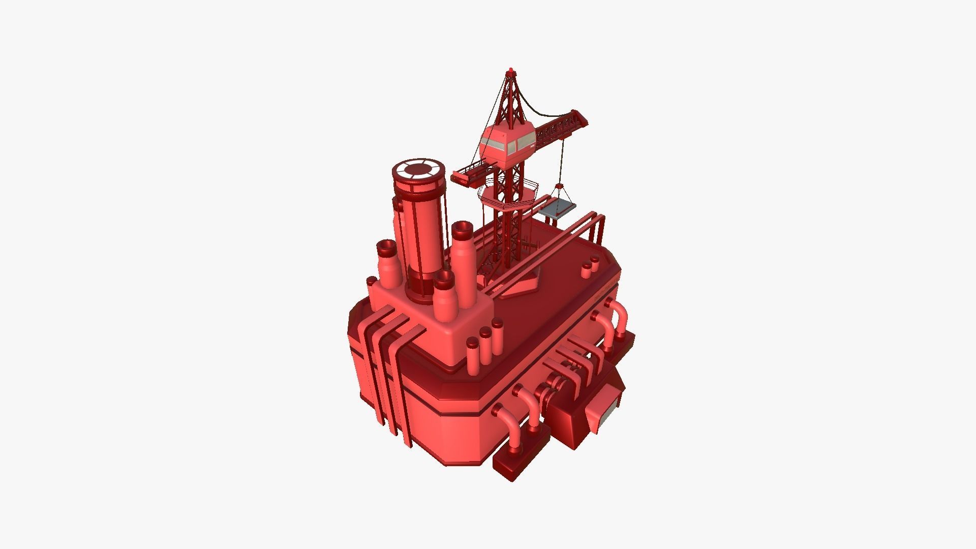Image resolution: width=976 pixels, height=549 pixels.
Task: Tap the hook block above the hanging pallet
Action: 560,187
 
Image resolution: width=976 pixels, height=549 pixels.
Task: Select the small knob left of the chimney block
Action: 371,281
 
